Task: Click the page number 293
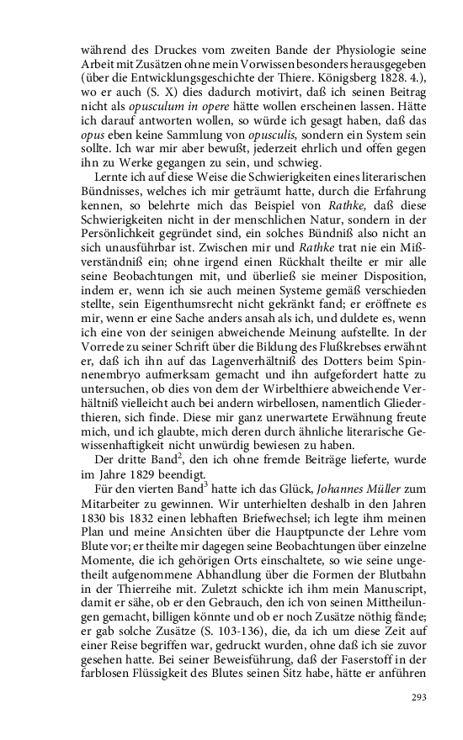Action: click(419, 697)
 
